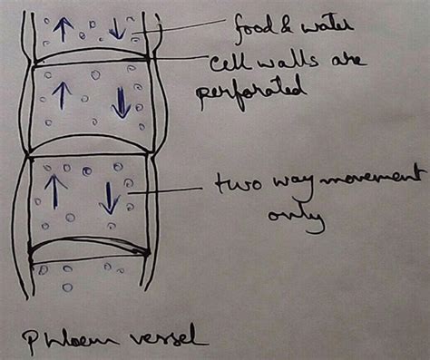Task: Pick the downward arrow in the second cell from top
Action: (121, 102)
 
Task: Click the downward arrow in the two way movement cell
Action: (108, 198)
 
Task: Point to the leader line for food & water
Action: (181, 29)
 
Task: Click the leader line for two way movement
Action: (168, 190)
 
